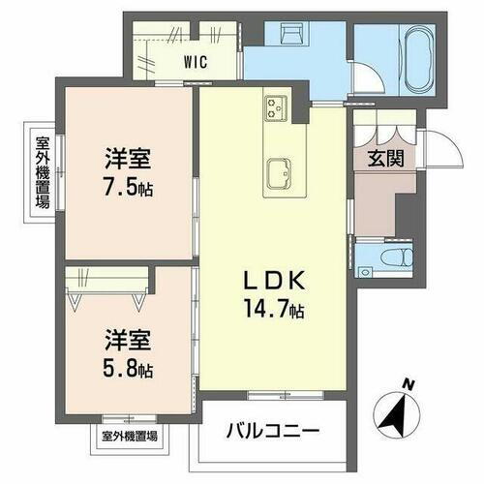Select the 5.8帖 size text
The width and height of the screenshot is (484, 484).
(x=128, y=368)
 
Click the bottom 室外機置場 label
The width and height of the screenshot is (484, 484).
(x=131, y=435)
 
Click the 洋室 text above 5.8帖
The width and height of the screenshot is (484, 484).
(x=128, y=342)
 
